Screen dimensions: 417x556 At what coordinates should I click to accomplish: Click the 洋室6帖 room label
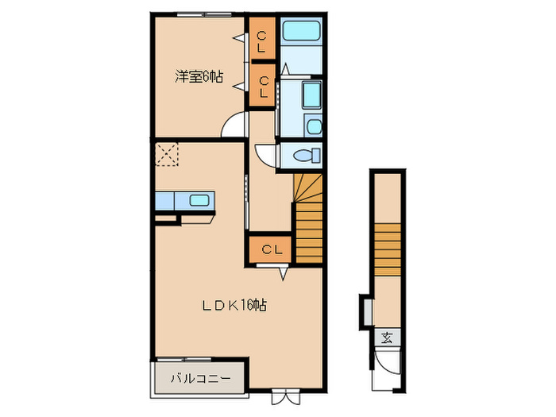(x=199, y=78)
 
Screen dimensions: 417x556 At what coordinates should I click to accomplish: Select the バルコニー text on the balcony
(x=202, y=379)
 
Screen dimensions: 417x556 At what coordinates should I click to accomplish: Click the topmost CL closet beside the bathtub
(x=261, y=40)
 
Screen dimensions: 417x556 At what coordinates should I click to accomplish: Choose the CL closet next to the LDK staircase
(x=271, y=249)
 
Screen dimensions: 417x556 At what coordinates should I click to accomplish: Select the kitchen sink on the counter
(x=199, y=200)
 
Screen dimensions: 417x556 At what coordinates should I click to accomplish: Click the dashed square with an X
(x=168, y=154)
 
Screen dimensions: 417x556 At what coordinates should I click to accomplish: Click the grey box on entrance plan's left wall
(x=365, y=310)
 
